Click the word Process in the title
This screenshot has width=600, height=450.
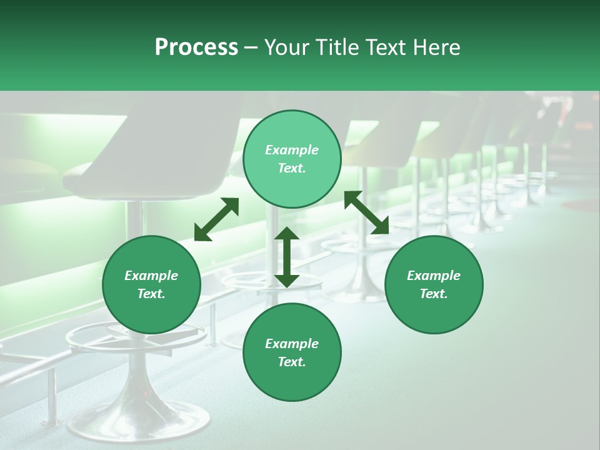click(196, 47)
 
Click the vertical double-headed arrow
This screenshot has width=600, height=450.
click(287, 257)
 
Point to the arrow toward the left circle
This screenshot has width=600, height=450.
click(216, 219)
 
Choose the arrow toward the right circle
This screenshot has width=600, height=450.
click(366, 212)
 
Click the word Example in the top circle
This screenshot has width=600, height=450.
click(292, 150)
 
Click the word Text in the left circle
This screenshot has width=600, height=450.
click(151, 294)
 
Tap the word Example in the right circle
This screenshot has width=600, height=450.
click(434, 276)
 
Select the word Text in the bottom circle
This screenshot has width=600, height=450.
click(292, 362)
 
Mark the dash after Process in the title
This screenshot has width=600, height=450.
click(251, 47)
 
